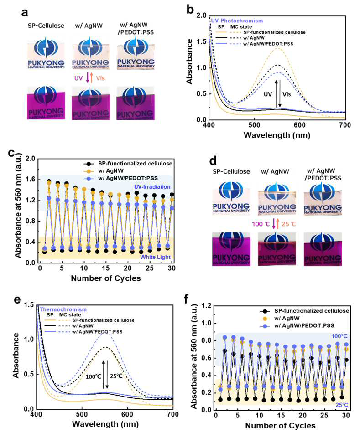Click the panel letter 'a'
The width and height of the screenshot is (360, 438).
tap(25, 12)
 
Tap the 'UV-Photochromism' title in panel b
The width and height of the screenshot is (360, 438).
tap(237, 21)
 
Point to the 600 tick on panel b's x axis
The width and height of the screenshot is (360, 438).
tap(300, 124)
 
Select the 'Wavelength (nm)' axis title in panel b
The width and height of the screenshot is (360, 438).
tap(277, 135)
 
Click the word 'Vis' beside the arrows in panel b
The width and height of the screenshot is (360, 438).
tap(287, 94)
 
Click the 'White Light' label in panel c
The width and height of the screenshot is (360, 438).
tap(155, 257)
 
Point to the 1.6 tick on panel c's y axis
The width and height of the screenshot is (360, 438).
tap(31, 179)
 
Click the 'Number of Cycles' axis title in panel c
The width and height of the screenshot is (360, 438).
tap(106, 278)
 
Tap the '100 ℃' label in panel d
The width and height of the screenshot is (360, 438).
tap(261, 224)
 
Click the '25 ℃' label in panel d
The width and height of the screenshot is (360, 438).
tap(288, 224)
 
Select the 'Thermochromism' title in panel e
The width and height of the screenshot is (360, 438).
tap(63, 309)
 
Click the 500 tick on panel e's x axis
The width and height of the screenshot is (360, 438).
tap(82, 414)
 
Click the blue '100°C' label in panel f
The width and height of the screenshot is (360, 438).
tap(339, 336)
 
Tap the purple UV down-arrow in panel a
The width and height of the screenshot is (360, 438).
tap(87, 78)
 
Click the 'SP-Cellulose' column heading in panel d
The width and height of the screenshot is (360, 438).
tap(231, 171)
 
